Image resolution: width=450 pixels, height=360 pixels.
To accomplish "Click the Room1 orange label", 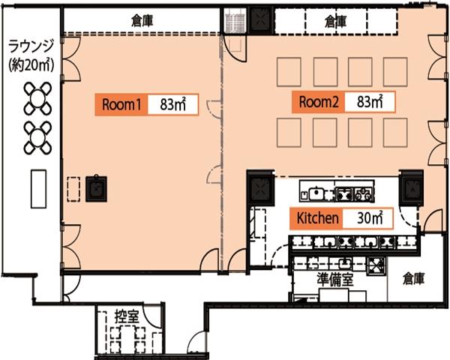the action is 121,104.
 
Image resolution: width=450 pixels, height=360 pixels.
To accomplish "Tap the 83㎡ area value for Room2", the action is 370,102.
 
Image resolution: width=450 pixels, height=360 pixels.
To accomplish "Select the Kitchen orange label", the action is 316,218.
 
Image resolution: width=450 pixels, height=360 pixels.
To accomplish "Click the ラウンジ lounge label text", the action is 31,46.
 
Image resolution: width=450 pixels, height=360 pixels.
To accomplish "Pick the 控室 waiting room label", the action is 127,316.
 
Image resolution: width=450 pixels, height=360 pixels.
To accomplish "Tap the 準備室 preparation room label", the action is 335,279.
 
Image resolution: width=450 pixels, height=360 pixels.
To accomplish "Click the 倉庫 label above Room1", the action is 142,21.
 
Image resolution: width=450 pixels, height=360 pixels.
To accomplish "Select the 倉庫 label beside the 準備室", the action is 413,278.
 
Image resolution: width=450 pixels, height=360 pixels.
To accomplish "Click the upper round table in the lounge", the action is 38,98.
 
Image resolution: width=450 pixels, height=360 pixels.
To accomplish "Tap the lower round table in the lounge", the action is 38,138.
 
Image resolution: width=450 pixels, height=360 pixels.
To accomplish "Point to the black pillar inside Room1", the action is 96,188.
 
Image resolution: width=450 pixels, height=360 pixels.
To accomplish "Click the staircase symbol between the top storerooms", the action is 235,20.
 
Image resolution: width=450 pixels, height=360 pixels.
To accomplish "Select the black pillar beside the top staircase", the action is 260,19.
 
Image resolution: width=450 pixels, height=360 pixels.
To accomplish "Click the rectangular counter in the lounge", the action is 38,189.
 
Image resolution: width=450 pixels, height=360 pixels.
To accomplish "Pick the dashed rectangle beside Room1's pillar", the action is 73,189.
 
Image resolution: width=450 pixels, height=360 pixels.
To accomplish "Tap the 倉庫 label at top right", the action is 336,22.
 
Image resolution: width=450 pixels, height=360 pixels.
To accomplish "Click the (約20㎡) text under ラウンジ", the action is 31,66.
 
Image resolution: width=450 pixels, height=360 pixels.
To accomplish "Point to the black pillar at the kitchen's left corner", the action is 260,188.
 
